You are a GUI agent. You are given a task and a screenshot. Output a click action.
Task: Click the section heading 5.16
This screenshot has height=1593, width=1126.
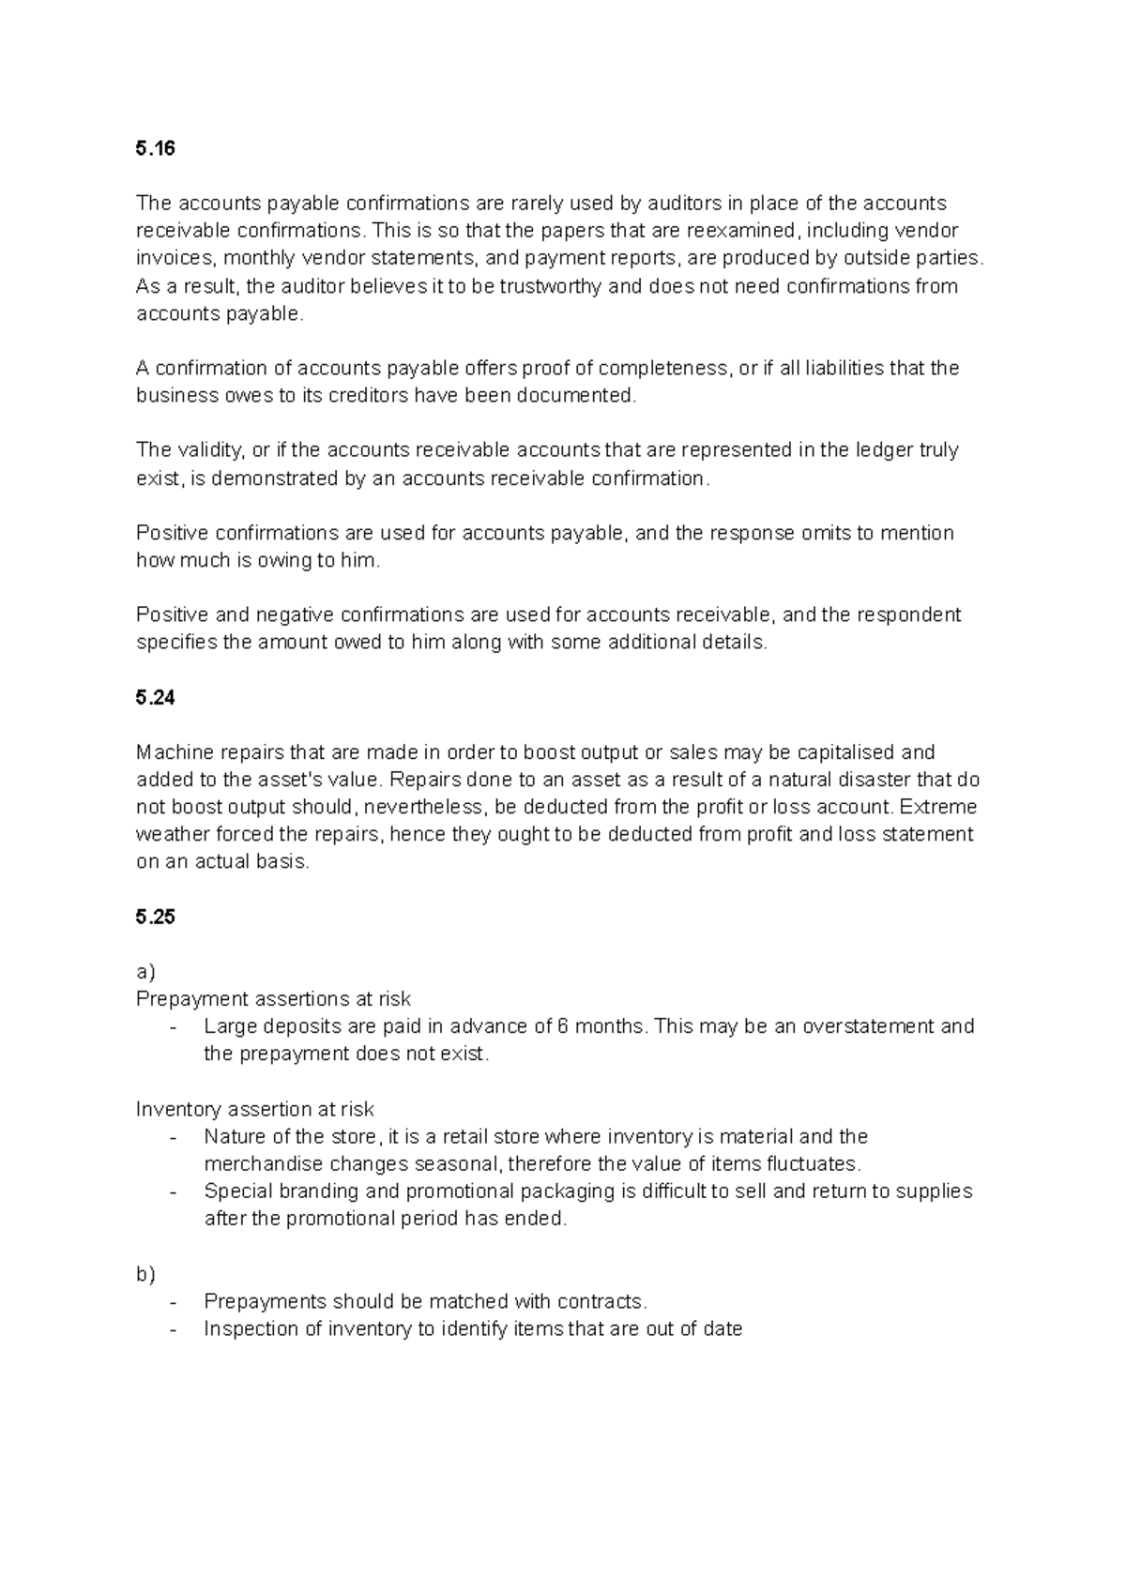[x=156, y=149]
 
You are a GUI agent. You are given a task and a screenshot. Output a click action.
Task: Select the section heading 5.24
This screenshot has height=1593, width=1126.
[x=156, y=698]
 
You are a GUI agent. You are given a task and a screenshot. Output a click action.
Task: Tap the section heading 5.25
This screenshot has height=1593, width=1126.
[x=156, y=918]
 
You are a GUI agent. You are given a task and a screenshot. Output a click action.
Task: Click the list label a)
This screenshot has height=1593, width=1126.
[x=145, y=972]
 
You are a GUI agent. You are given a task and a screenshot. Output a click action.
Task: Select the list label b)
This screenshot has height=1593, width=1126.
[x=145, y=1274]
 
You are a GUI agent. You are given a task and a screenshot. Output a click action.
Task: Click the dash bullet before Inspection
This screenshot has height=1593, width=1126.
[x=174, y=1329]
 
